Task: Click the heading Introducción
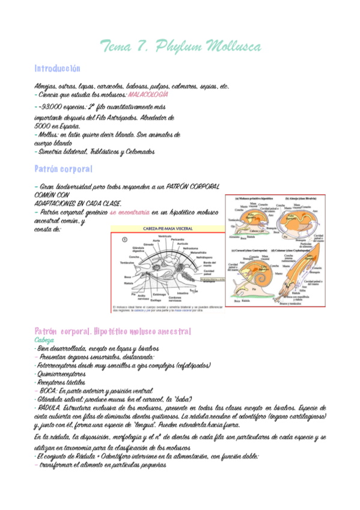point(57,69)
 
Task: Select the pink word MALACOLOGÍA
point(148,95)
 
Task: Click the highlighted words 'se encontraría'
point(130,212)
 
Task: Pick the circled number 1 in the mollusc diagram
point(124,239)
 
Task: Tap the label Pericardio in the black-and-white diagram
point(178,240)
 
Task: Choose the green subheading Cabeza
point(44,340)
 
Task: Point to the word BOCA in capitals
point(50,390)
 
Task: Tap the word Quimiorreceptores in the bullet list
point(61,373)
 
